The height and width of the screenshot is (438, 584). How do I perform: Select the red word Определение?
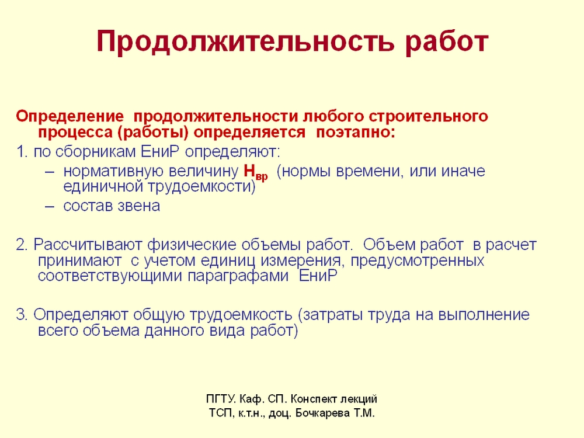pyautogui.click(x=69, y=117)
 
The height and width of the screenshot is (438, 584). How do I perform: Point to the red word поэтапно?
pyautogui.click(x=355, y=132)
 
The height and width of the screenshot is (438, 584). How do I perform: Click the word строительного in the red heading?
pyautogui.click(x=428, y=117)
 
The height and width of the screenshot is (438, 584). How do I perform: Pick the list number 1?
pyautogui.click(x=22, y=152)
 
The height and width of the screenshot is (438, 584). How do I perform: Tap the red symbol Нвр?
pyautogui.click(x=256, y=172)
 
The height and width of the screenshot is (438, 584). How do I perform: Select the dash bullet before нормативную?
pyautogui.click(x=50, y=172)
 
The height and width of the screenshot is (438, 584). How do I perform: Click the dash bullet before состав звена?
pyautogui.click(x=50, y=206)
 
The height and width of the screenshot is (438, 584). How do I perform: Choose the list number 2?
pyautogui.click(x=22, y=245)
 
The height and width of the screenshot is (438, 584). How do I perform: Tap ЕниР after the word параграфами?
pyautogui.click(x=318, y=276)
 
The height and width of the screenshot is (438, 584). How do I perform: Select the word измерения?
pyautogui.click(x=300, y=260)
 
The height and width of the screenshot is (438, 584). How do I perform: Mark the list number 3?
pyautogui.click(x=22, y=315)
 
